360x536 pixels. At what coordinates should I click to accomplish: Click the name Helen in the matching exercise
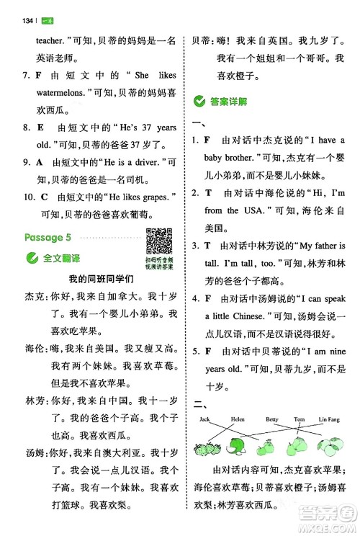click(238, 419)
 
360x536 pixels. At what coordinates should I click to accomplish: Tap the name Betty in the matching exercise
click(271, 419)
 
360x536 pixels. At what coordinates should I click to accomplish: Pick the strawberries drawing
click(206, 447)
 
